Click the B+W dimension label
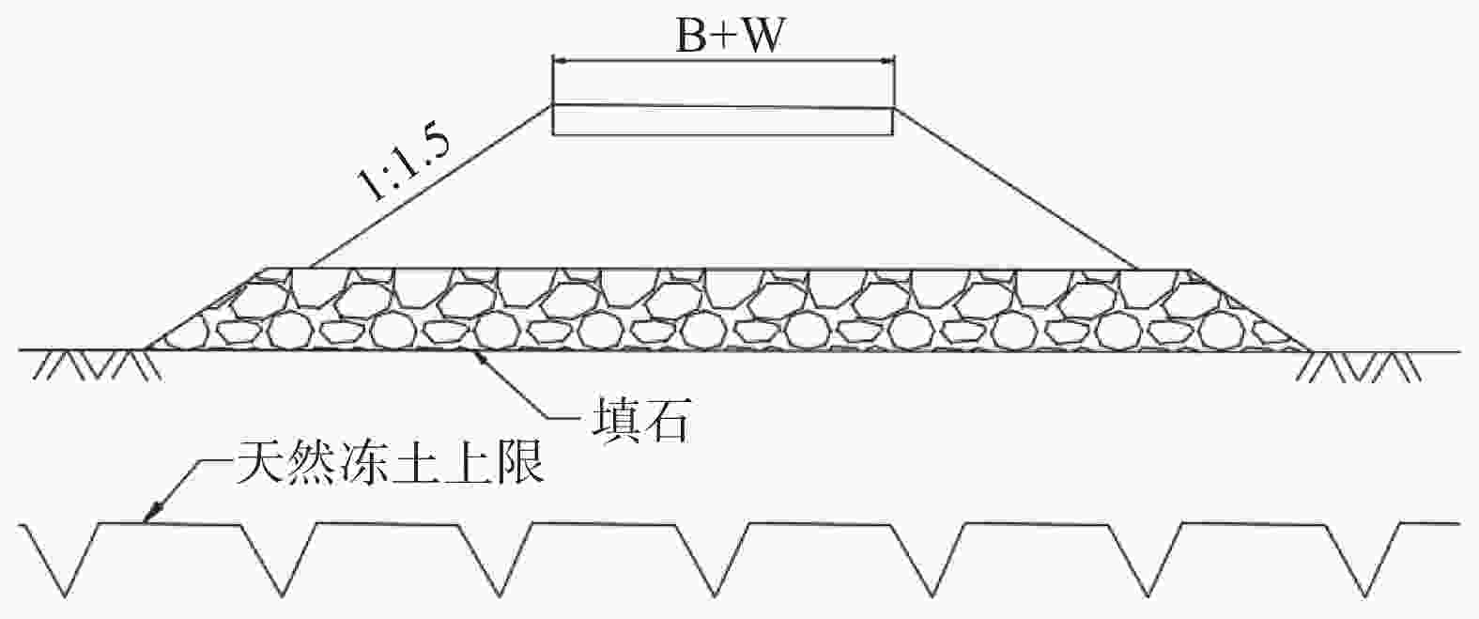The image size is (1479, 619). pos(729,35)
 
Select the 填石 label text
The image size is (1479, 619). pos(640,420)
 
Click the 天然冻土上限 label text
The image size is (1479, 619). pos(390,462)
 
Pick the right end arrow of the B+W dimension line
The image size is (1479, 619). pos(886,61)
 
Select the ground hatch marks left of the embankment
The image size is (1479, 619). pos(98,366)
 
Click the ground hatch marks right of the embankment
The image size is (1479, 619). pos(1358,366)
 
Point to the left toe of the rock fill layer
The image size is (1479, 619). pos(146,348)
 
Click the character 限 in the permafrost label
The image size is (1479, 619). pos(519,463)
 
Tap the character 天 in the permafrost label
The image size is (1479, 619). pos(260,462)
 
